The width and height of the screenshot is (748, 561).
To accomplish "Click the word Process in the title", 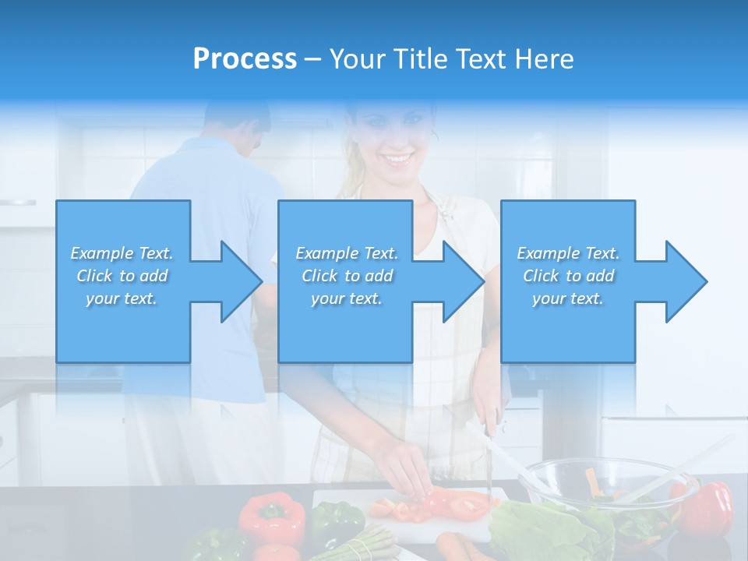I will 245,59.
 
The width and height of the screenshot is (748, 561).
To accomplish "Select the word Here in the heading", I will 545,59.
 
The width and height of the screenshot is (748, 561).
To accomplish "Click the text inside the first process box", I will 122,276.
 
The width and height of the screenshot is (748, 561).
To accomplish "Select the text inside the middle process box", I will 347,276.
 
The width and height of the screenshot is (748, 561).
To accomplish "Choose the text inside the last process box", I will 568,276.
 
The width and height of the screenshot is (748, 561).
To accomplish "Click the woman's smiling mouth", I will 398,159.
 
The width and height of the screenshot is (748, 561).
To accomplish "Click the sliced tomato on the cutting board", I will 460,504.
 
